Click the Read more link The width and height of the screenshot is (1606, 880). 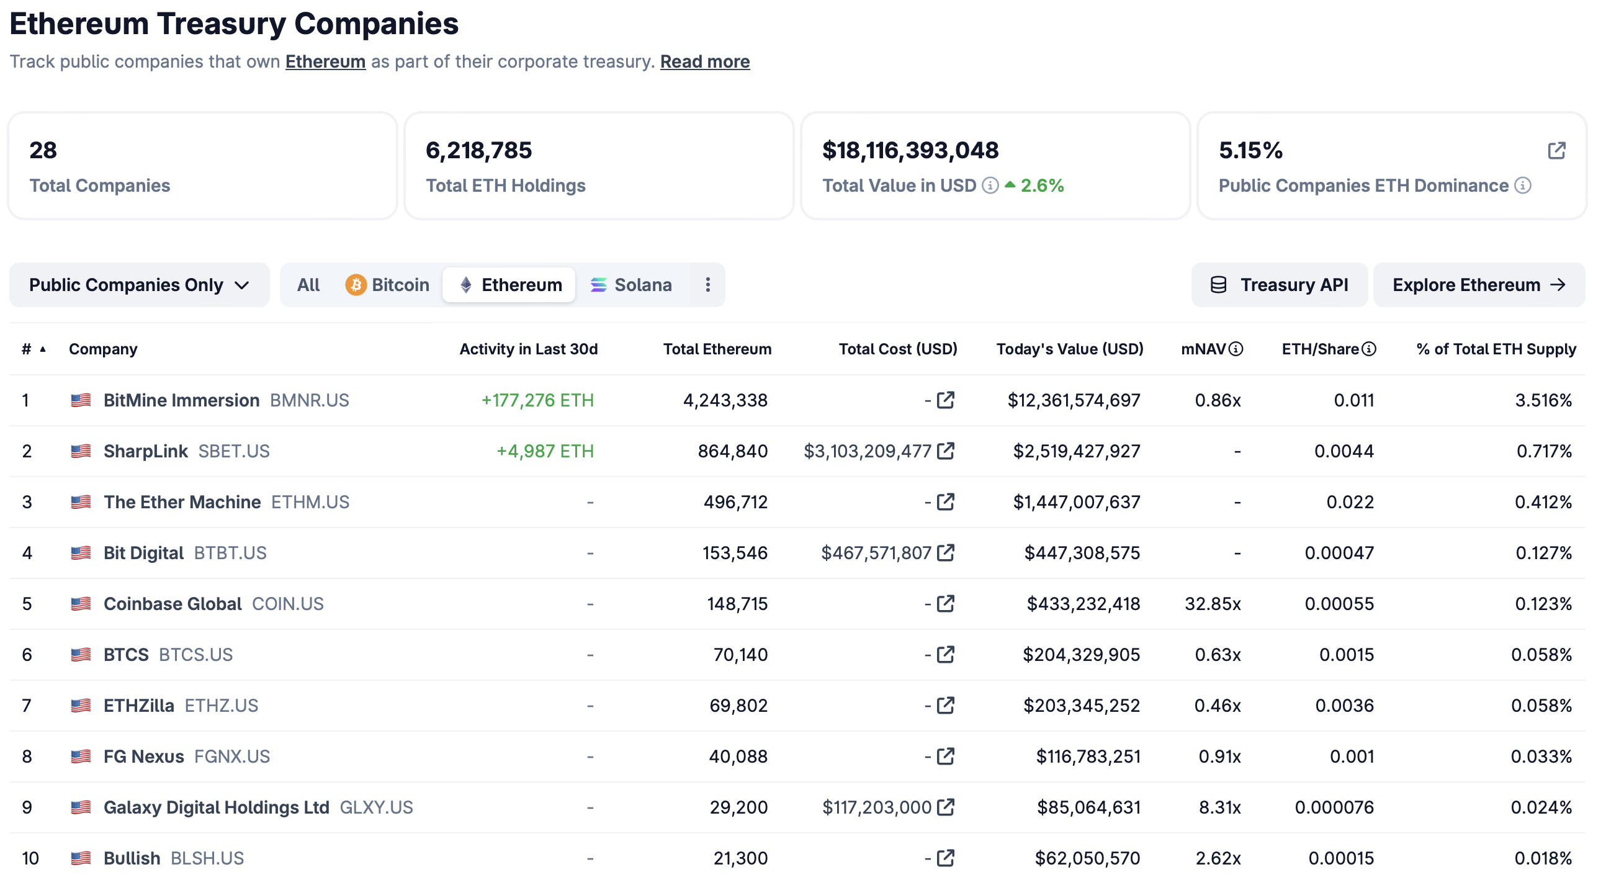(x=704, y=61)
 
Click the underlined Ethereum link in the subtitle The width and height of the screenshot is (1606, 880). (x=325, y=61)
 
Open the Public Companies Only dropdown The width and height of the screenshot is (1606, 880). (x=139, y=285)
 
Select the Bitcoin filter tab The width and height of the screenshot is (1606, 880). (x=387, y=285)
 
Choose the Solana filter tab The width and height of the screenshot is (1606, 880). (x=631, y=285)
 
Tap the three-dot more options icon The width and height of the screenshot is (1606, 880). (x=707, y=285)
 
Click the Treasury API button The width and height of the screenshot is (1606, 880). (x=1280, y=285)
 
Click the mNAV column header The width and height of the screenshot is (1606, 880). (x=1203, y=349)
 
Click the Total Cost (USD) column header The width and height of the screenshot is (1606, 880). (x=898, y=349)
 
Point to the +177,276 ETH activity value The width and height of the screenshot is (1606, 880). (x=537, y=400)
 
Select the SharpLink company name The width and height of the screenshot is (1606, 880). (x=145, y=452)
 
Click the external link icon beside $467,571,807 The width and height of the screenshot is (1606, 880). (x=946, y=553)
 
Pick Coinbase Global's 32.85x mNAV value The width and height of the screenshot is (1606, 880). (x=1213, y=604)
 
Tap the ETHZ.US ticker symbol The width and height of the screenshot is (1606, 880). (x=222, y=706)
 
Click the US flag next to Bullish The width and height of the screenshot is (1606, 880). (x=81, y=859)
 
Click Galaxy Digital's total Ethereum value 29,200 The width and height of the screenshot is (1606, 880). (x=739, y=807)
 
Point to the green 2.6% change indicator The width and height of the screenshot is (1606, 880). (x=1041, y=186)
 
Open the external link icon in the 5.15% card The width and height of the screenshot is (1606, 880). (x=1556, y=151)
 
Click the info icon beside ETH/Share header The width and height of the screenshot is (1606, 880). (x=1368, y=349)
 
